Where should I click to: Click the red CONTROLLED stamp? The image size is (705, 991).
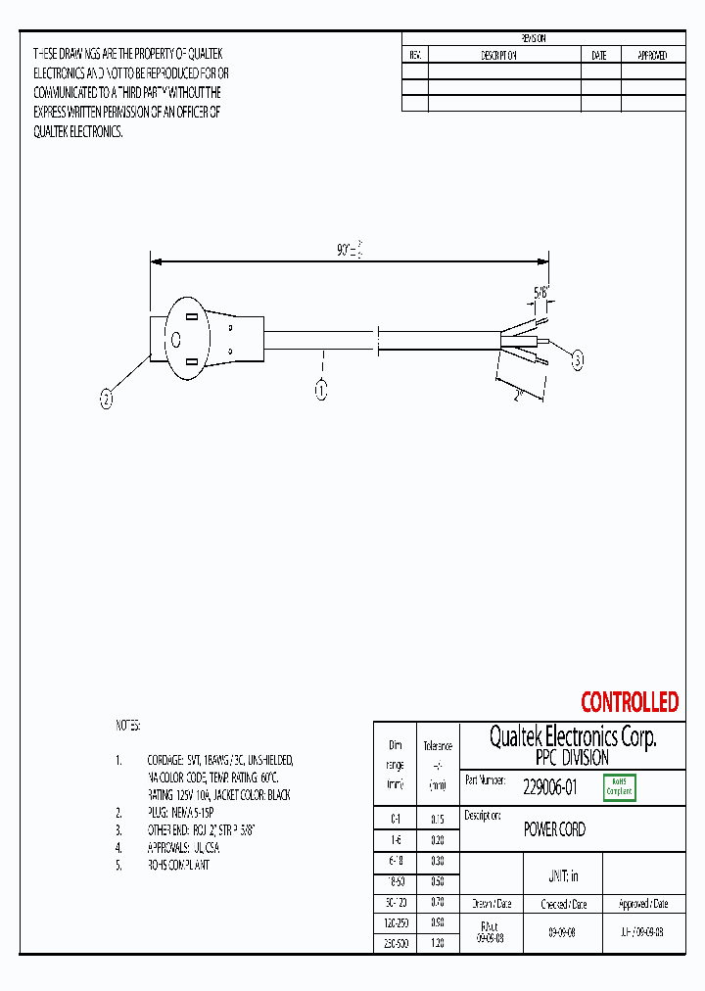629,702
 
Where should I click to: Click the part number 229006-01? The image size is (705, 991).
549,785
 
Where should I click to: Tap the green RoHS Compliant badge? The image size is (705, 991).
619,786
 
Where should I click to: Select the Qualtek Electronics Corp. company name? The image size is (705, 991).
572,737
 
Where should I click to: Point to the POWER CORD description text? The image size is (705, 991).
554,829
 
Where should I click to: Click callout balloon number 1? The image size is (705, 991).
320,391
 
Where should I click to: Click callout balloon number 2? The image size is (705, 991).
107,398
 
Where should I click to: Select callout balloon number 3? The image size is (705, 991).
577,361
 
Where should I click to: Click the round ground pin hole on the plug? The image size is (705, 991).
176,340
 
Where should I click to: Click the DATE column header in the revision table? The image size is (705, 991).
599,56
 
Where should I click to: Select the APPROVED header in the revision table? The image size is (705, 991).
652,56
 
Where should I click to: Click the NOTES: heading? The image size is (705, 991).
128,726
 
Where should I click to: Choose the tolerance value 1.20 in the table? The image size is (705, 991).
438,943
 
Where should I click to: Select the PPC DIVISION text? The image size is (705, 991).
572,758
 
